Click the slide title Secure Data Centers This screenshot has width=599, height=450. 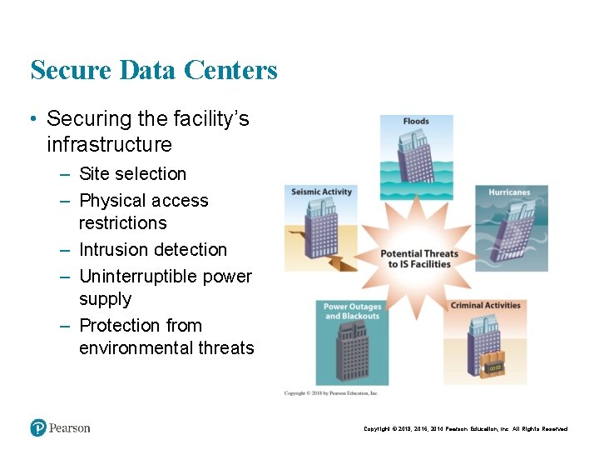[x=154, y=70]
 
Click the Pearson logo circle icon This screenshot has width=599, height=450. [x=38, y=427]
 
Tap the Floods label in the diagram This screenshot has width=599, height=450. [x=416, y=122]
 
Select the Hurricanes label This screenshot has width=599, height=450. [x=509, y=192]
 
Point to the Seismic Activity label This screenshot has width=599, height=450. [x=322, y=192]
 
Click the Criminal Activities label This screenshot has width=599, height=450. [x=485, y=306]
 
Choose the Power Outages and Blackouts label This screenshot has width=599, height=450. [x=352, y=311]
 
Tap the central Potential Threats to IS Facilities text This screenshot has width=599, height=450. [x=419, y=259]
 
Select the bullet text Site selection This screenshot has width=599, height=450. [x=132, y=174]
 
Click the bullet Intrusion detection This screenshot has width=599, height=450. [x=152, y=250]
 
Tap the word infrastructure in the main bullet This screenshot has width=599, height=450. [x=109, y=145]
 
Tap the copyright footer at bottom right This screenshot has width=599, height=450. [x=465, y=429]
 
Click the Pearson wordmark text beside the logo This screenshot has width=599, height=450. [x=69, y=427]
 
